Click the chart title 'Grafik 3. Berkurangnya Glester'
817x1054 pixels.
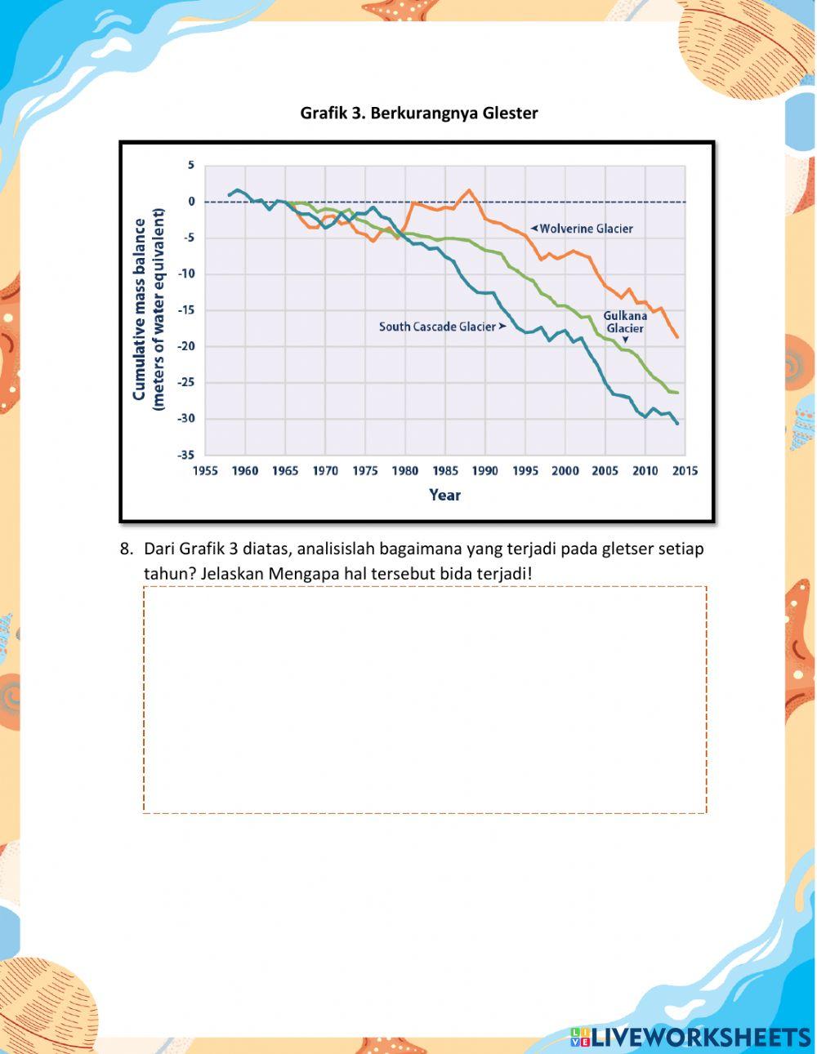click(x=418, y=113)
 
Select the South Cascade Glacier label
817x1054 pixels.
click(x=437, y=327)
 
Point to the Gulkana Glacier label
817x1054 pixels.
click(x=625, y=322)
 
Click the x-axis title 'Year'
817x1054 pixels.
click(x=445, y=495)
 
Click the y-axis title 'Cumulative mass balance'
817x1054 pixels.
click(x=140, y=309)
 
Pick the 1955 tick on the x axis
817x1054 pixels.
click(x=205, y=471)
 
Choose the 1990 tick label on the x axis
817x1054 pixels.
click(x=485, y=471)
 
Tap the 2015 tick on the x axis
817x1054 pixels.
click(x=685, y=471)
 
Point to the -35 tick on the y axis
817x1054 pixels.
click(x=186, y=455)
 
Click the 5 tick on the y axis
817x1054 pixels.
click(x=191, y=165)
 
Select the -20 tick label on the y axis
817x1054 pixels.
click(x=186, y=346)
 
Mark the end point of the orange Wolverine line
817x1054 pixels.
click(x=676, y=336)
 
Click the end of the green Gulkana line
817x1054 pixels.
click(x=676, y=393)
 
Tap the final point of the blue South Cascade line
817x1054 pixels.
click(x=677, y=423)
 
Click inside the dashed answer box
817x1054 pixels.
click(x=425, y=699)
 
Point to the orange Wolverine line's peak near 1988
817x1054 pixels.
click(x=469, y=190)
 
